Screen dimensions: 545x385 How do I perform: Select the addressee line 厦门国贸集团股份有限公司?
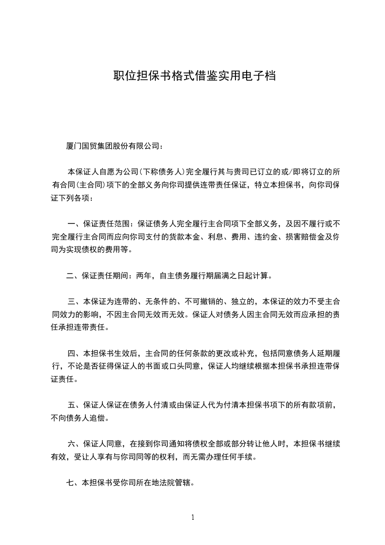(115, 146)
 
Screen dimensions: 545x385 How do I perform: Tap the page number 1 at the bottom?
(193, 517)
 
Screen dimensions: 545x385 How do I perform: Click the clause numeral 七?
(70, 483)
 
